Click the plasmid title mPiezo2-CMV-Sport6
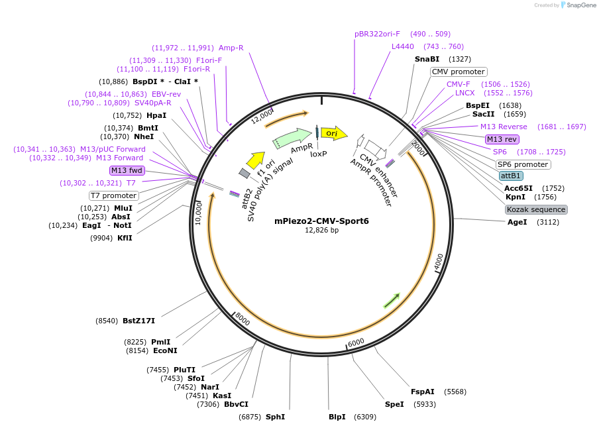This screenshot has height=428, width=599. click(x=321, y=221)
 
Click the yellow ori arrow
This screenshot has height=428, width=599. click(x=334, y=133)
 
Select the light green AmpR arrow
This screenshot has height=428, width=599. click(x=292, y=138)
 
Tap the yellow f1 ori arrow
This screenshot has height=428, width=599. click(x=255, y=160)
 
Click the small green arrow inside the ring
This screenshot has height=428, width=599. click(x=392, y=300)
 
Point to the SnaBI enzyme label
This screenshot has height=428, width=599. click(x=427, y=59)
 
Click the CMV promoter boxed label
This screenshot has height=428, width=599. click(x=459, y=72)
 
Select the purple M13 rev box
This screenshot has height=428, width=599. click(x=502, y=139)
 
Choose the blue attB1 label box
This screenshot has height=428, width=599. click(x=511, y=176)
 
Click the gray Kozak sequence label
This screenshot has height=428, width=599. click(x=536, y=209)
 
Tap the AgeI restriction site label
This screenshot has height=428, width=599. click(x=517, y=222)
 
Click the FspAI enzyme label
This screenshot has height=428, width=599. click(x=422, y=392)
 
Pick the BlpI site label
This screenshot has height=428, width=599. click(x=337, y=417)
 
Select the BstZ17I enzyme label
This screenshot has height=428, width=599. click(x=138, y=321)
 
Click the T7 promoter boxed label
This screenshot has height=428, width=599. click(x=114, y=195)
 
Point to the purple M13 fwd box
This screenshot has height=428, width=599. click(x=127, y=170)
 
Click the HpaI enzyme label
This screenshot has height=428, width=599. click(x=156, y=115)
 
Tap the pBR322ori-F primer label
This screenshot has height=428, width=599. click(x=377, y=34)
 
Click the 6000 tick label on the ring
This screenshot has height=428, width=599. click(x=356, y=342)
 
